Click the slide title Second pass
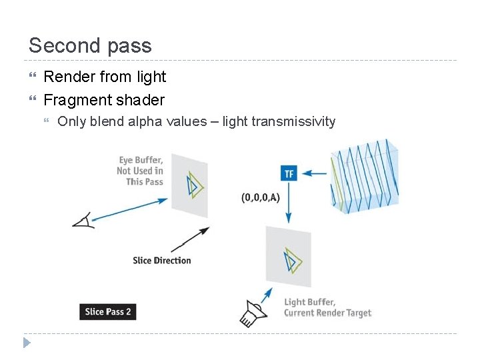pos(90,45)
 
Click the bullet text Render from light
pos(105,77)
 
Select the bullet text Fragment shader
pos(103,100)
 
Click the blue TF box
pos(289,173)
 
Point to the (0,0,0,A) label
pos(261,197)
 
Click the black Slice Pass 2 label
pos(108,311)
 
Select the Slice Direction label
pos(162,260)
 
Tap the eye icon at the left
pos(84,220)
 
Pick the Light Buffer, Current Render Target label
pos(327,307)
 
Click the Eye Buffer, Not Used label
pos(140,171)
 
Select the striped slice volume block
pos(365,175)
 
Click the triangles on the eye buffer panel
pos(194,184)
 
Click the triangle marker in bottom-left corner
pos(27,343)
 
